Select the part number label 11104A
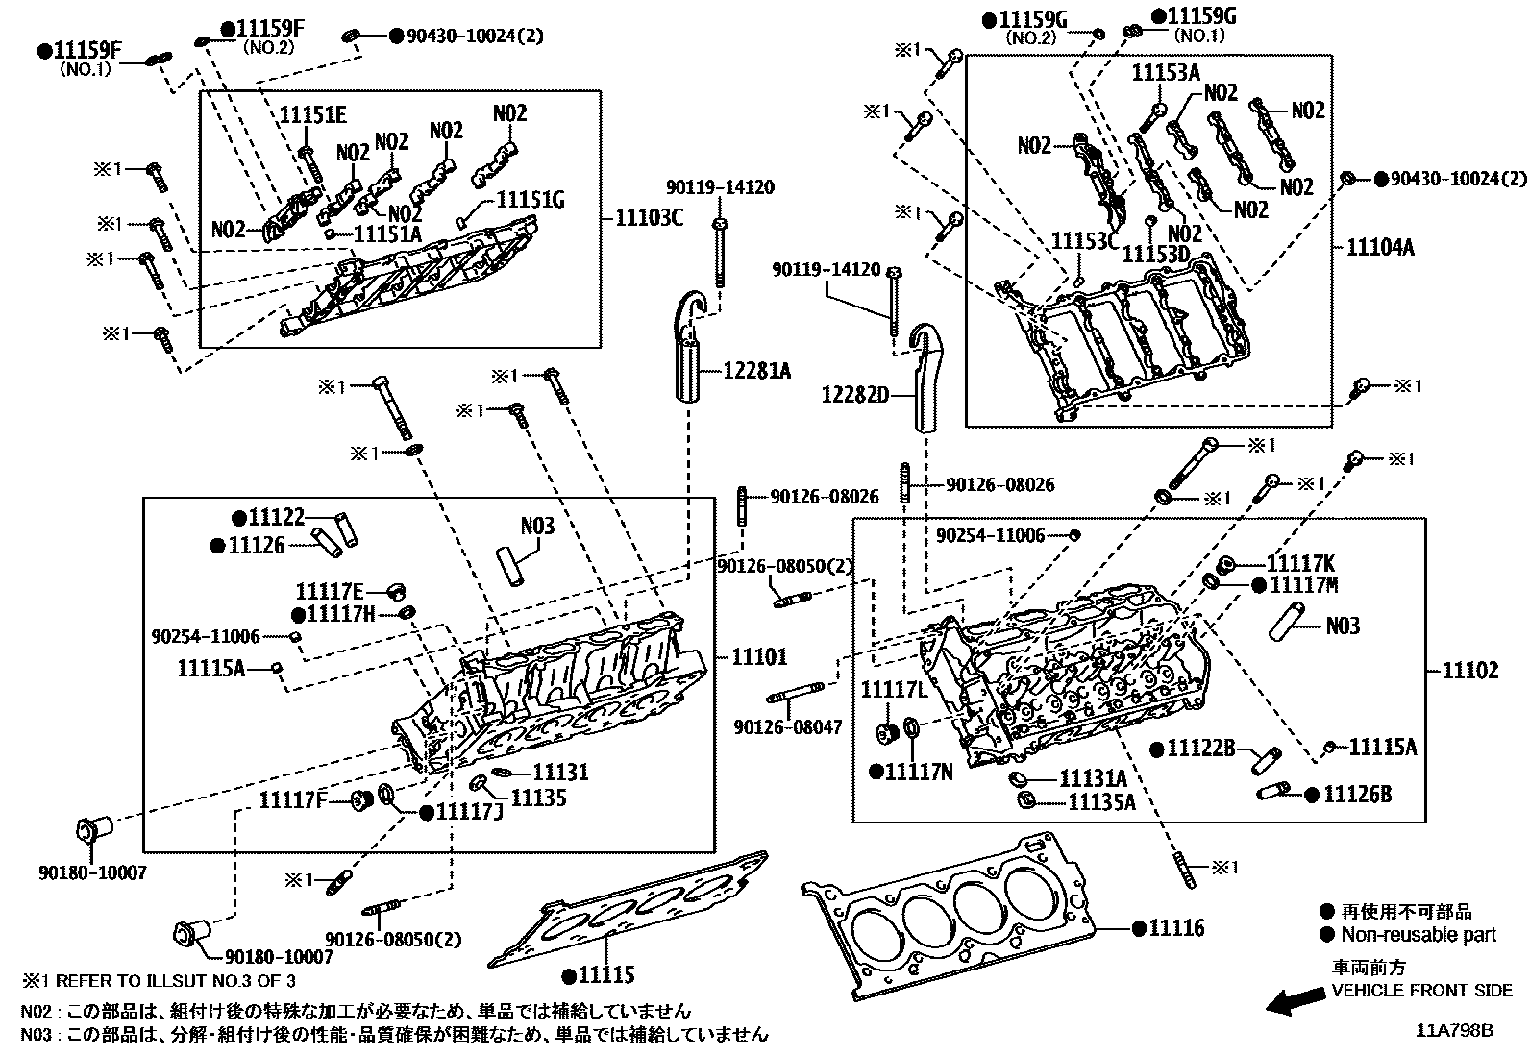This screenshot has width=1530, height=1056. (1380, 247)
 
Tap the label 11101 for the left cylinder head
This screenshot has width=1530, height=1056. (758, 657)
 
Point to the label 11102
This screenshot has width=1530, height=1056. (1469, 671)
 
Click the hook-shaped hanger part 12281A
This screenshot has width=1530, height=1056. (687, 356)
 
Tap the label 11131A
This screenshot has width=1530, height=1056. (1093, 777)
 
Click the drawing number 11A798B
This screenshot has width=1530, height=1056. (1453, 1030)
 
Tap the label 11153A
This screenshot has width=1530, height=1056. (1166, 73)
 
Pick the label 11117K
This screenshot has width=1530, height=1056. (1300, 563)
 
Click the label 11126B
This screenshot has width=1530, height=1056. (1357, 794)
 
